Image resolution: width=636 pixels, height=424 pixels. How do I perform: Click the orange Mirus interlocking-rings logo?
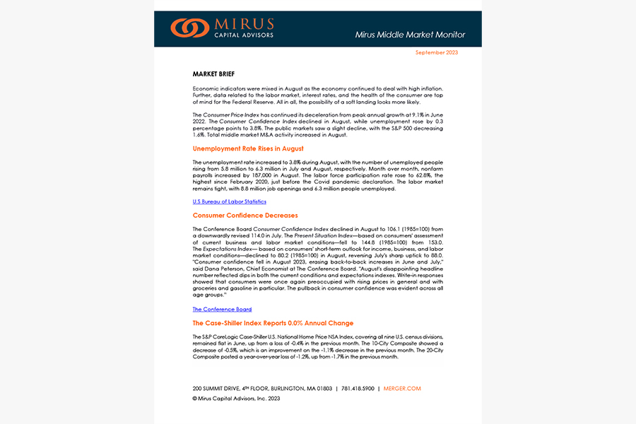189,28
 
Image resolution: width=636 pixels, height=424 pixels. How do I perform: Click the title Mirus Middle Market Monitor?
410,35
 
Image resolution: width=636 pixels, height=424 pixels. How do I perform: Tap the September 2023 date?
436,53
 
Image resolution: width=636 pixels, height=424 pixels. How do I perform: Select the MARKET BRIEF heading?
213,73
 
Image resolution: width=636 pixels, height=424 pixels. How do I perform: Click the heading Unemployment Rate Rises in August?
248,148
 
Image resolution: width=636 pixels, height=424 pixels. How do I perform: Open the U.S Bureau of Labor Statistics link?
229,201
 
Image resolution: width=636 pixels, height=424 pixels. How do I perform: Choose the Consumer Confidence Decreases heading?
245,215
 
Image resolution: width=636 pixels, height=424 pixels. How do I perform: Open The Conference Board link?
222,310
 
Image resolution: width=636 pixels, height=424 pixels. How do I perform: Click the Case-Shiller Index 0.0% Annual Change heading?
273,323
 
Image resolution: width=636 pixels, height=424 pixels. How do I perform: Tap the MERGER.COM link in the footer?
403,389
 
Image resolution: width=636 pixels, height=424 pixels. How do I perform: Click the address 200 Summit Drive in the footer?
261,389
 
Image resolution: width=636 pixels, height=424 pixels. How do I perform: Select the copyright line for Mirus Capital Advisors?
236,399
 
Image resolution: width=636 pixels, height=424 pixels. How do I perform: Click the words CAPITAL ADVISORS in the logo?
244,34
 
